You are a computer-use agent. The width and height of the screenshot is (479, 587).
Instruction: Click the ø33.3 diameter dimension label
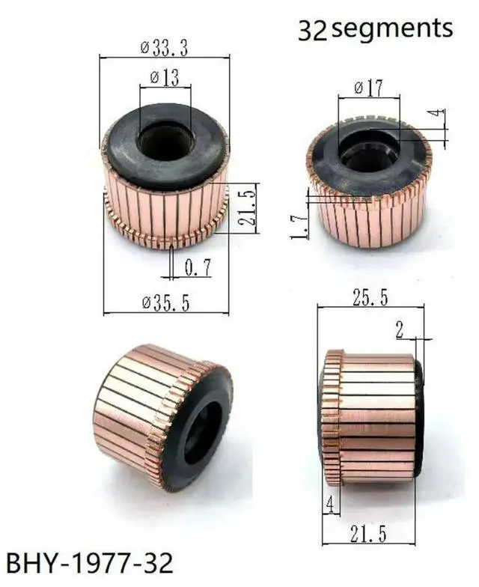(163, 48)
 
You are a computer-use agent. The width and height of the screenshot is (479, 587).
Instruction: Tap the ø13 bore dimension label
(164, 77)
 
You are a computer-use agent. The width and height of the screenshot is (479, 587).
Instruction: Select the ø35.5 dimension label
(165, 302)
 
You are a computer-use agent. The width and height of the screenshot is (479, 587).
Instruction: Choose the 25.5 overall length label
(370, 297)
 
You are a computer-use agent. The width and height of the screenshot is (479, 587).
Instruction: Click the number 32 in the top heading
(312, 30)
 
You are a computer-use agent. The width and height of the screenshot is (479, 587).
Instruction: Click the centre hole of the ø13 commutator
(165, 142)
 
